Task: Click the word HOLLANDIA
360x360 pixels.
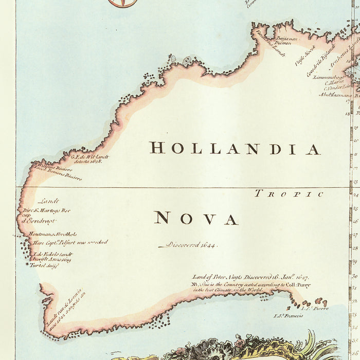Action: pos(235,149)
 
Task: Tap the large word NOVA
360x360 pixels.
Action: pos(196,219)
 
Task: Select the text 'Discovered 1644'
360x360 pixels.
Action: pos(188,245)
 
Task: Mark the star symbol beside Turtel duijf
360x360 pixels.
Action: pos(28,264)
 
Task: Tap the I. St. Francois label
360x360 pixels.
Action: pos(289,316)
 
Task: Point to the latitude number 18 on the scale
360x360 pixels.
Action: pos(348,113)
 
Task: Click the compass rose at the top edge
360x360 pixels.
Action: pos(122,3)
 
